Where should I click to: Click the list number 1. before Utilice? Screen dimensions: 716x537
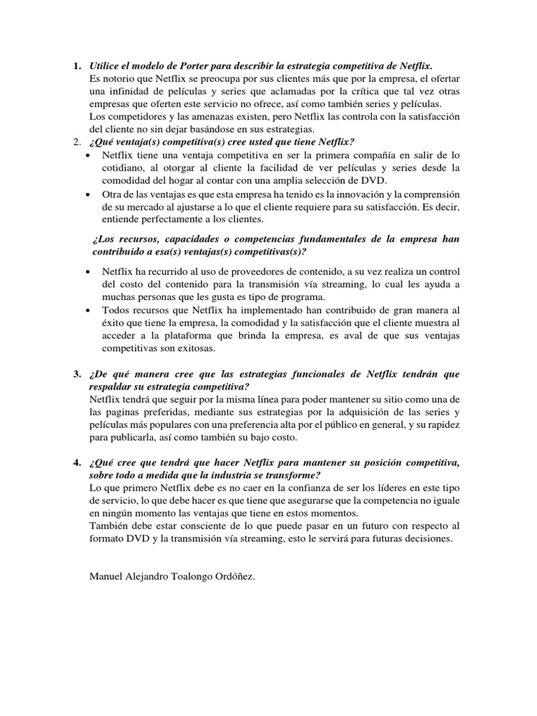point(78,66)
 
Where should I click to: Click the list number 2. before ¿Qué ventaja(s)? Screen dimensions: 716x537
point(78,143)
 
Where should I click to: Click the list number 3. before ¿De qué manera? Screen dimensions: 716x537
point(78,374)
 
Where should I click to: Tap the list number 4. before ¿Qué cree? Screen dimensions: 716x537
point(78,464)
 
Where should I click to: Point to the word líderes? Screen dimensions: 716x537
point(352,489)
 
